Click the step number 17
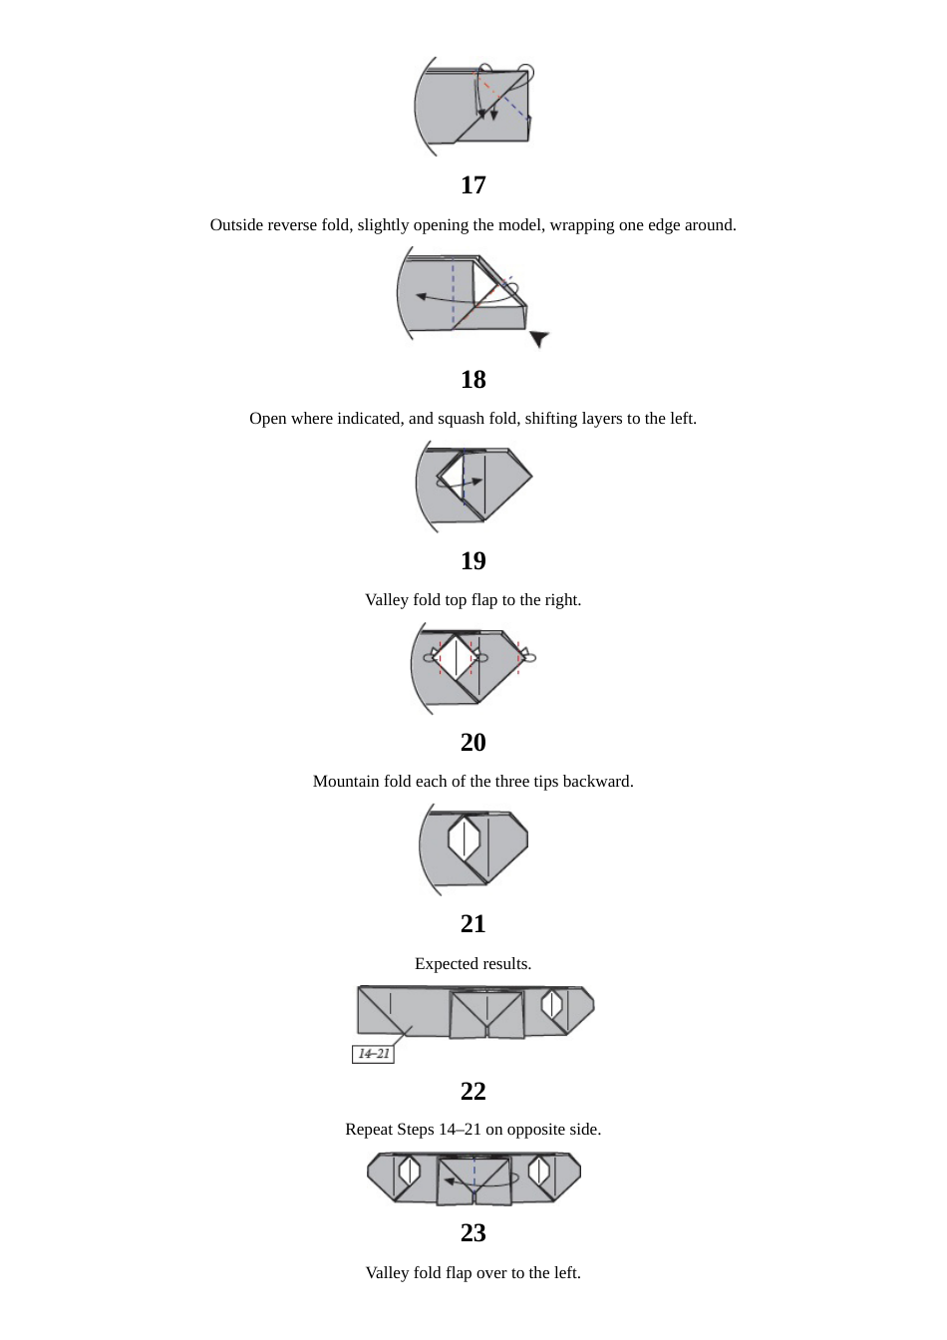[473, 185]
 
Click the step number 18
[473, 380]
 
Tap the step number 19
[473, 561]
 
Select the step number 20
[473, 743]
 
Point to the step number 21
[473, 924]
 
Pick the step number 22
[473, 1092]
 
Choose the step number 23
[473, 1233]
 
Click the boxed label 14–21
[373, 1054]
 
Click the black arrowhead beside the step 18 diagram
[538, 339]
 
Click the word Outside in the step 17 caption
[236, 225]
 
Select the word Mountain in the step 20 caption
[346, 782]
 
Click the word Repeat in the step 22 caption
[369, 1130]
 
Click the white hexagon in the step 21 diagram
[464, 839]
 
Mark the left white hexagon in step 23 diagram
[409, 1171]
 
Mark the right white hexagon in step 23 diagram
[539, 1171]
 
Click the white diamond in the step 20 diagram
[456, 658]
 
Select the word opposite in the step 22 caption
[534, 1130]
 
